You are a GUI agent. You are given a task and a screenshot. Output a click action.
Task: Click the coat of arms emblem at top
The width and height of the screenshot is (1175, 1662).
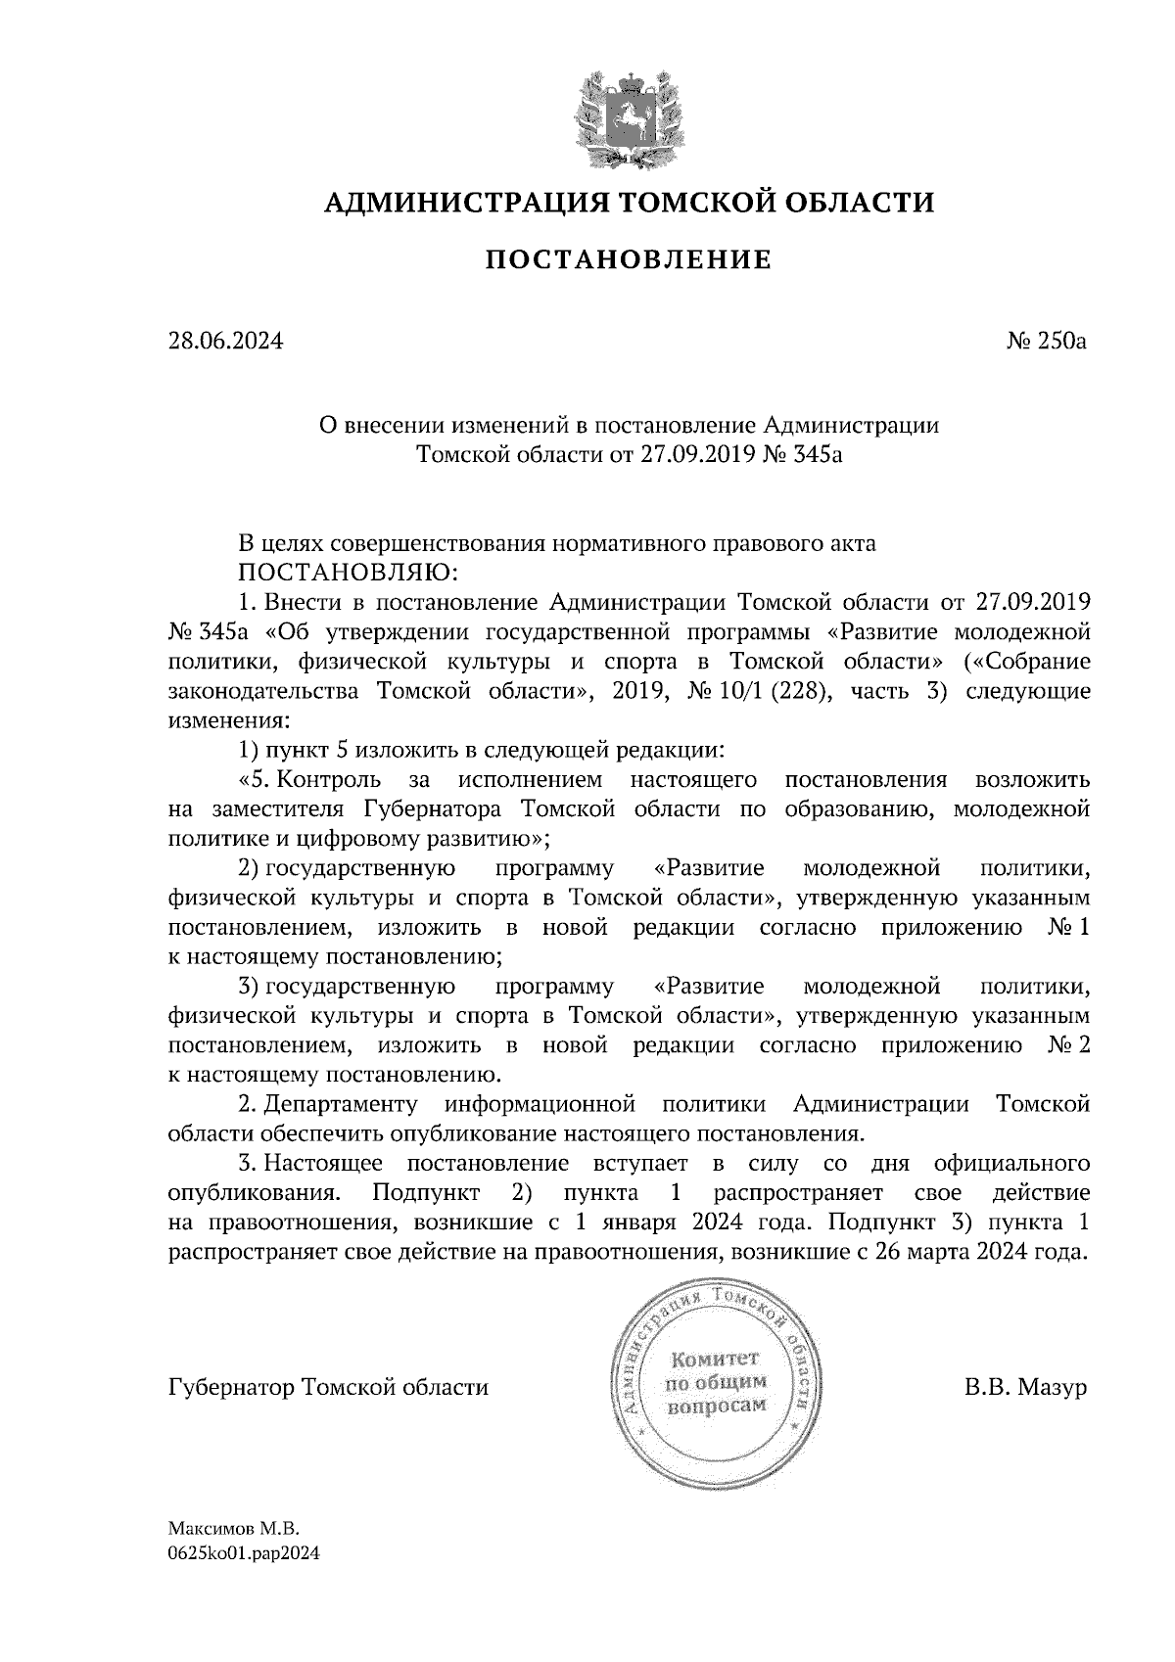pos(628,116)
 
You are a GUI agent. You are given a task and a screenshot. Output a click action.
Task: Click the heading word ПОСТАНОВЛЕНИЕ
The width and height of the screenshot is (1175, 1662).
pos(629,260)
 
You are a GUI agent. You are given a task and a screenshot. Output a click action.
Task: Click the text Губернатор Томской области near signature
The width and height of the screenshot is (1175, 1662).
pos(328,1388)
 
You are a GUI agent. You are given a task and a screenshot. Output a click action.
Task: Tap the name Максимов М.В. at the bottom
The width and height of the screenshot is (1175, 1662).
pos(232,1528)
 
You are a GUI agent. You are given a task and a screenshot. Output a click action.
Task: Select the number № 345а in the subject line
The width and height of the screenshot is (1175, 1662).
pos(803,455)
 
